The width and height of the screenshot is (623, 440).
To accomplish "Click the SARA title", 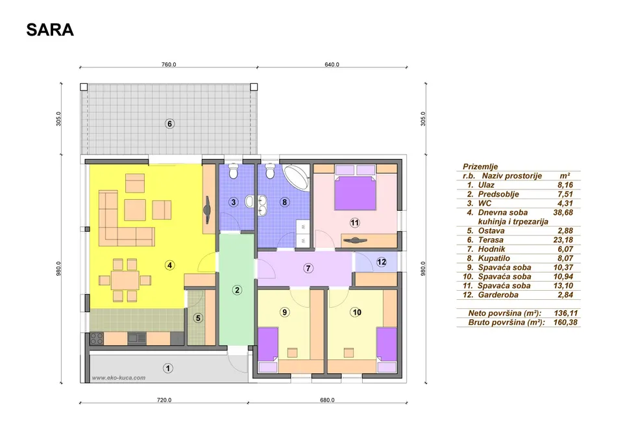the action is pos(50,30).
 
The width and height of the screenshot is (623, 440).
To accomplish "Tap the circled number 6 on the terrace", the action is pos(169,124).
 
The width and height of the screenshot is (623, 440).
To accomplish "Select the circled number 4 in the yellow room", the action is pos(169,265).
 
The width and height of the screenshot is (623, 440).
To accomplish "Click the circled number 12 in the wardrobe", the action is pos(382,262).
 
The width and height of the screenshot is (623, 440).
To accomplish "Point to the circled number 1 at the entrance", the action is pos(167,369).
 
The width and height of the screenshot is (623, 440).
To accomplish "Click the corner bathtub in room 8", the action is pos(297,178).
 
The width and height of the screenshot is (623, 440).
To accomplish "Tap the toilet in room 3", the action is pos(233,171).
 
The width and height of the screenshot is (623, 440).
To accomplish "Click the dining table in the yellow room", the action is pos(125,280).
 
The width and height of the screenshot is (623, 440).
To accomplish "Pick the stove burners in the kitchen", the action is pos(97,339).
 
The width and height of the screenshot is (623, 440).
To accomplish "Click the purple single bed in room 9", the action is pos(268,344).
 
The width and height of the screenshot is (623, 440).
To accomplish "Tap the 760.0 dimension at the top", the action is pos(169,64).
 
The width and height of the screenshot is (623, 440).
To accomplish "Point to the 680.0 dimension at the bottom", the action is pos(327,400).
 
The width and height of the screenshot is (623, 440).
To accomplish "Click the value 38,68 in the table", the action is pos(563,213).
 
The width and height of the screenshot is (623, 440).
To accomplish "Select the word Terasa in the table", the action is pos(491,240).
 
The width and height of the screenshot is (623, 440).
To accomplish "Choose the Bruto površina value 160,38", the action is pos(565,323).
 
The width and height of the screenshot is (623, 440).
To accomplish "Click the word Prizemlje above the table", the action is pos(480,167).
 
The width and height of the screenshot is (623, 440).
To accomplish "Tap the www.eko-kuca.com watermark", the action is pos(119,378).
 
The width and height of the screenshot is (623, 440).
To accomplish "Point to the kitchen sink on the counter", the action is pos(137,338).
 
